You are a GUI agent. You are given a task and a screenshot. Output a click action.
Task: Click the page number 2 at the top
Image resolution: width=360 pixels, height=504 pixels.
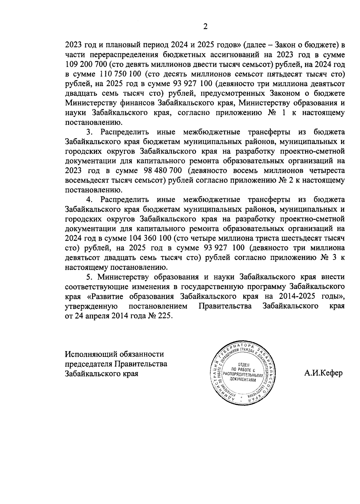[205, 27]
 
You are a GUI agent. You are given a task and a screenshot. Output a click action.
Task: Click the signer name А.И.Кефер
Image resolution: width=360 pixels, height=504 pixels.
[323, 373]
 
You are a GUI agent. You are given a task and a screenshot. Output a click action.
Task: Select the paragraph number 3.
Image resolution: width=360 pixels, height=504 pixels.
[88, 132]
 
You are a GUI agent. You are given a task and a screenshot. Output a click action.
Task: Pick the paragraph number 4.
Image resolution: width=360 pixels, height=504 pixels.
[88, 200]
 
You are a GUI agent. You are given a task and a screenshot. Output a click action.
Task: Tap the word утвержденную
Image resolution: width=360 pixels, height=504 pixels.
[91, 306]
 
